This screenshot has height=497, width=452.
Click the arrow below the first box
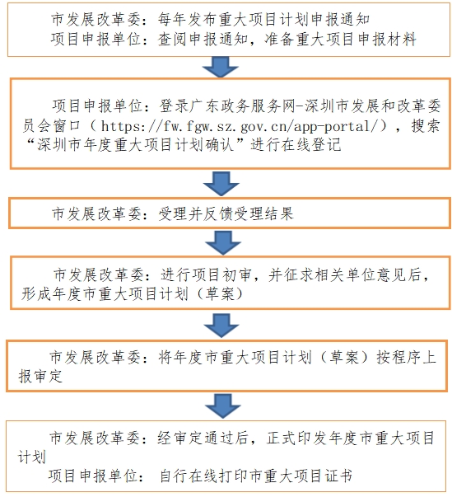pyautogui.click(x=221, y=67)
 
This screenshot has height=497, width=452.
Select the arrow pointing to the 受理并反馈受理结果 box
pyautogui.click(x=221, y=184)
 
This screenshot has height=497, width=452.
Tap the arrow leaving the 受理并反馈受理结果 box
pyautogui.click(x=223, y=242)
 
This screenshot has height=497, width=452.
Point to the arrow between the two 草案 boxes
pyautogui.click(x=221, y=326)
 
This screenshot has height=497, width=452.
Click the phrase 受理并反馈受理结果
pyautogui.click(x=226, y=213)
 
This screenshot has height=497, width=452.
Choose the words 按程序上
pyautogui.click(x=407, y=357)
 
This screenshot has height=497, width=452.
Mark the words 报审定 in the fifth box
pyautogui.click(x=40, y=376)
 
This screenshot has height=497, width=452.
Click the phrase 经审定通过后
pyautogui.click(x=203, y=438)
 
